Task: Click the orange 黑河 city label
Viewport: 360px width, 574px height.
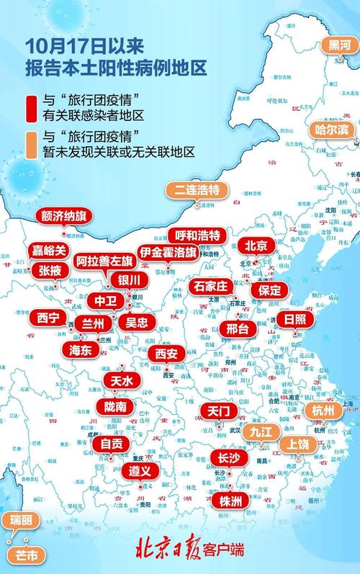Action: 340,45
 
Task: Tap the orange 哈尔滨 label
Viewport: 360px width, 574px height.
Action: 332,130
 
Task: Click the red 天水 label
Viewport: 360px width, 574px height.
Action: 119,380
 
